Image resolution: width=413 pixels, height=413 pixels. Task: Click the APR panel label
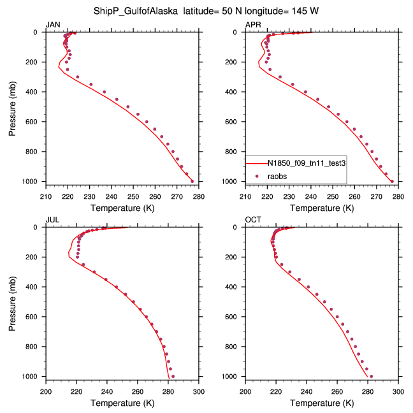point(253,24)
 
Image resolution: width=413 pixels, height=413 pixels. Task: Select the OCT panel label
point(253,220)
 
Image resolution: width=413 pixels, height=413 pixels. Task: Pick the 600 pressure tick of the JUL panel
point(33,317)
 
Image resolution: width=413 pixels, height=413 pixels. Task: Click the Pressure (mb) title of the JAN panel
point(13,106)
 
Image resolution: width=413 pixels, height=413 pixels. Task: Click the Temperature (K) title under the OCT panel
point(322,403)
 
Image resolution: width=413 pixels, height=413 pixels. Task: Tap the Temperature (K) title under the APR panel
point(322,208)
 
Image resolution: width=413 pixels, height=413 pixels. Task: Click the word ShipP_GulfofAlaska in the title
point(131,10)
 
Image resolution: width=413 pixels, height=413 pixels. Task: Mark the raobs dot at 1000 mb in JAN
point(192,182)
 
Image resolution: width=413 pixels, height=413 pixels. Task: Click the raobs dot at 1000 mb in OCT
point(371,376)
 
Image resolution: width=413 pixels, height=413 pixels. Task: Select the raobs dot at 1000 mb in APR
point(392,182)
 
